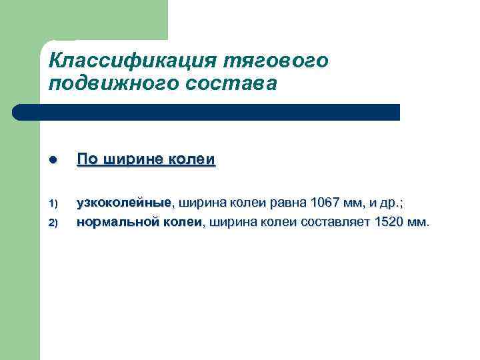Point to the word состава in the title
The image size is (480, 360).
[x=226, y=84]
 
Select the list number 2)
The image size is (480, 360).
[x=55, y=223]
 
